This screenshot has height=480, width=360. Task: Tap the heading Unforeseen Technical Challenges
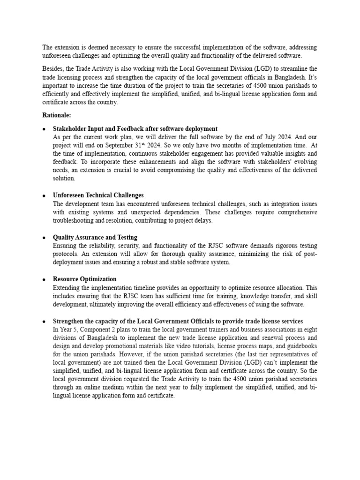(98, 195)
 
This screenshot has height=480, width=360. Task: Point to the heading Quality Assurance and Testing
(95, 238)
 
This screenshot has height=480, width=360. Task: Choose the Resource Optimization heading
(85, 279)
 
